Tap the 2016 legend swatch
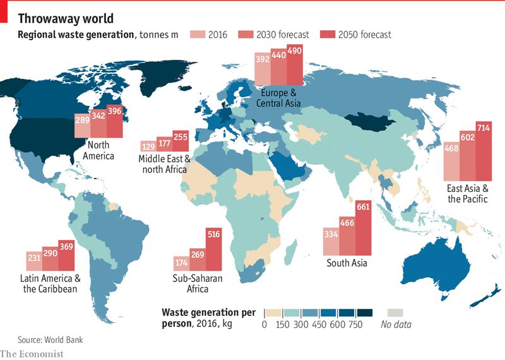(198, 34)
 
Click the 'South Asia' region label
(347, 263)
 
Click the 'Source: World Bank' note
(50, 340)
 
